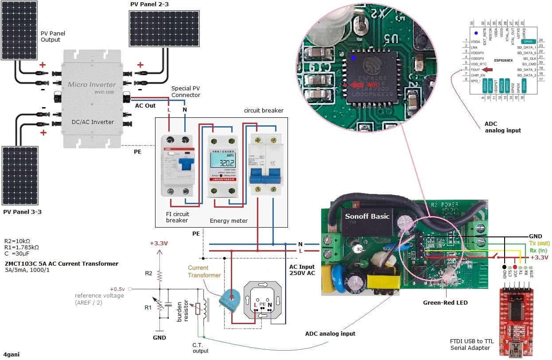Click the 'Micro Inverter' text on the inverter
click(92, 84)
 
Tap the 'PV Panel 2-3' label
click(149, 4)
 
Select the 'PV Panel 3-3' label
click(22, 212)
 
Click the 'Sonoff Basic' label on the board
click(368, 216)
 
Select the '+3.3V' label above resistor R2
click(159, 243)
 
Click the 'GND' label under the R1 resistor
click(159, 337)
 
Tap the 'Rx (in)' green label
click(539, 250)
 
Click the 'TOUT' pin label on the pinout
click(475, 70)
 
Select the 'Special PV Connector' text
click(186, 92)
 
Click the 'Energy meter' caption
click(228, 221)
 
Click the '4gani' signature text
click(11, 354)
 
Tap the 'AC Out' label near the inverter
click(145, 105)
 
